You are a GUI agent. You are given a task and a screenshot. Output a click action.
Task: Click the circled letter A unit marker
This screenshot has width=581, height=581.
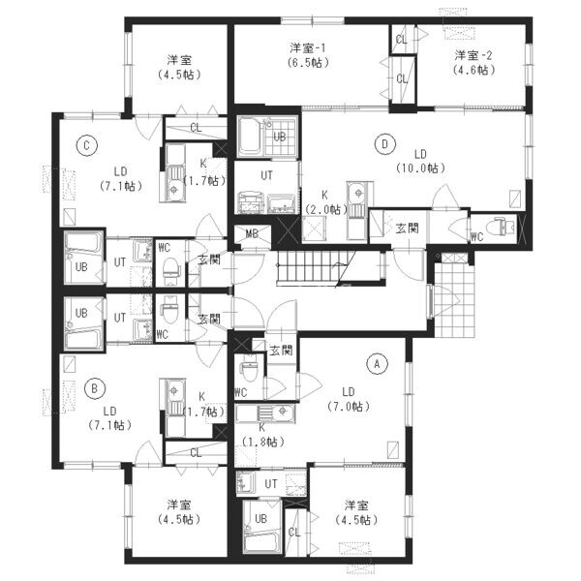377,364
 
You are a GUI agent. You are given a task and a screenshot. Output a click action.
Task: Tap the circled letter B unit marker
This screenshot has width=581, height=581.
95,388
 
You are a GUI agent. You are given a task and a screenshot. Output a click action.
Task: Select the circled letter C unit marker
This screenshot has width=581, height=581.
87,145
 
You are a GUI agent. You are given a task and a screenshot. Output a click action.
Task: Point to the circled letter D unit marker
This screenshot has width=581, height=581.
384,143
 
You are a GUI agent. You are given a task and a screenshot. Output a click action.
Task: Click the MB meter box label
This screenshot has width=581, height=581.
252,233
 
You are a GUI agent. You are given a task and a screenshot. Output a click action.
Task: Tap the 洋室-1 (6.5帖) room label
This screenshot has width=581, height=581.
308,55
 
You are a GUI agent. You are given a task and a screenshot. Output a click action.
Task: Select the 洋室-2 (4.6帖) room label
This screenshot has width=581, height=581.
474,63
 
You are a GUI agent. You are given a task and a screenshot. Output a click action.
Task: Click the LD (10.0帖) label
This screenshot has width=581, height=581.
420,161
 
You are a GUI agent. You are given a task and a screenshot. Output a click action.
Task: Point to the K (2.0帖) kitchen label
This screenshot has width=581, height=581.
325,202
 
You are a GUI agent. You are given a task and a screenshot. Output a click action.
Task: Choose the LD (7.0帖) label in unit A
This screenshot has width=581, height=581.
349,399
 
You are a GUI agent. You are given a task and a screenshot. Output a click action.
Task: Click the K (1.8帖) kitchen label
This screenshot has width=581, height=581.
262,435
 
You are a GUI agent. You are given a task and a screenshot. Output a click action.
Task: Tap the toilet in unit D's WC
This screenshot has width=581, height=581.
501,227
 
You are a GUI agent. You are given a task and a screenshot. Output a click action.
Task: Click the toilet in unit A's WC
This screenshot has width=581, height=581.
250,371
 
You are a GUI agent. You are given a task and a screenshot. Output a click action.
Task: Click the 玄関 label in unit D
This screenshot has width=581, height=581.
408,229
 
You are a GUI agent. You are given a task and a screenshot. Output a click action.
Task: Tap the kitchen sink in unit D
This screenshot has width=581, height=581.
357,193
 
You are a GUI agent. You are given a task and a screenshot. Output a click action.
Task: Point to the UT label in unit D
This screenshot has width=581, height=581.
267,175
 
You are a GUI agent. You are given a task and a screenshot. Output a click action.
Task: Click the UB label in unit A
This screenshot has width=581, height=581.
260,518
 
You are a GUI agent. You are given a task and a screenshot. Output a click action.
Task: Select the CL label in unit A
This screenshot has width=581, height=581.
294,533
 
